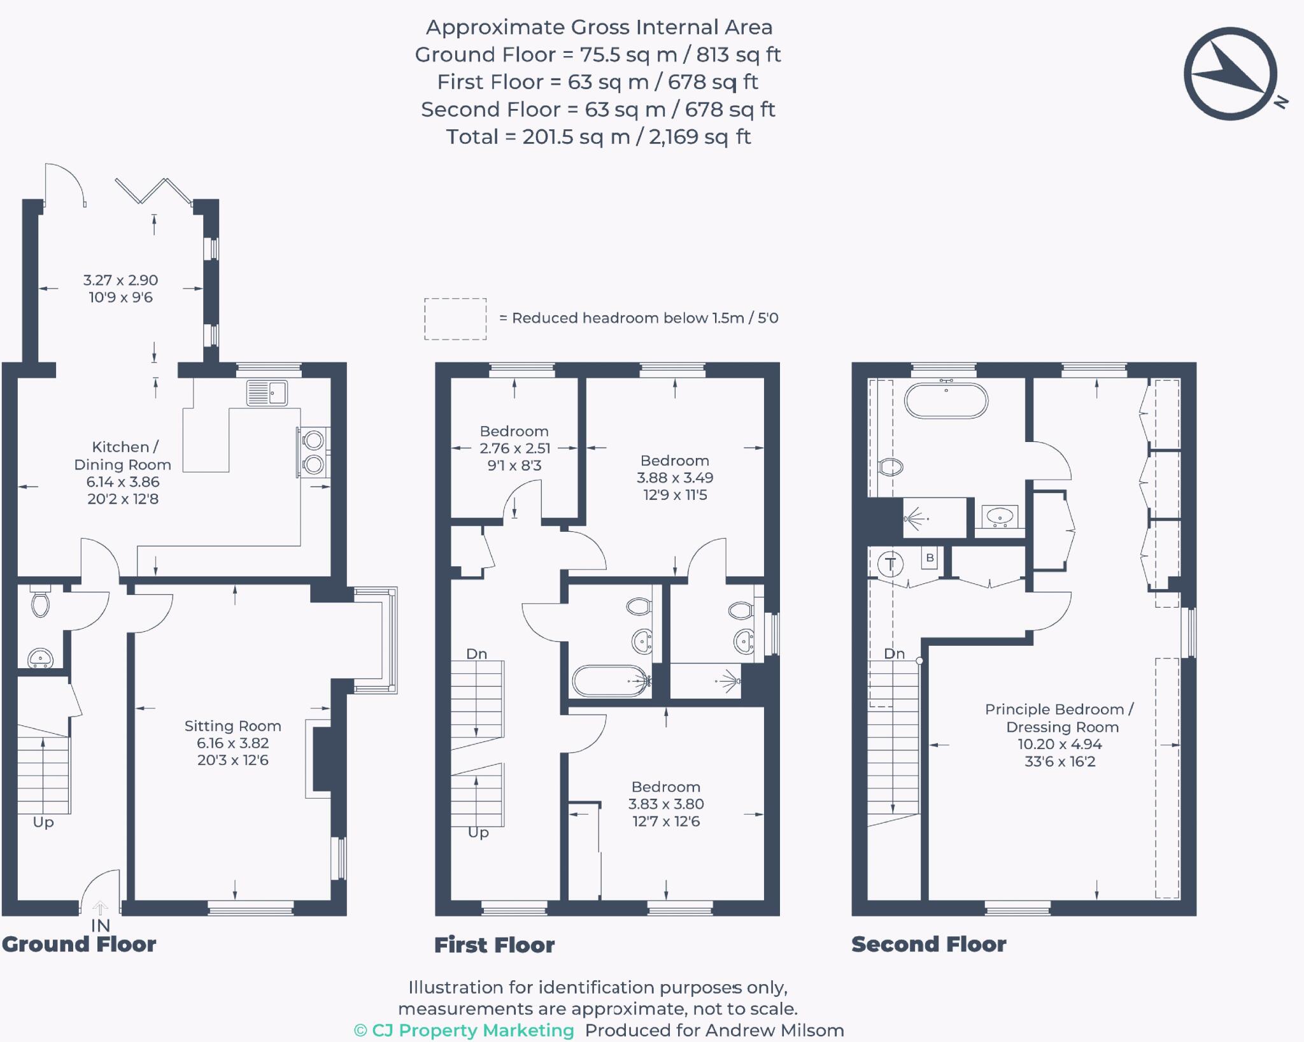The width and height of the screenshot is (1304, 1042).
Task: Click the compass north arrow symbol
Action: [1230, 73]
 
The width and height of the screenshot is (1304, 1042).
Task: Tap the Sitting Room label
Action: [232, 726]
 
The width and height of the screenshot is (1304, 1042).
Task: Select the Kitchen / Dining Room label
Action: [122, 456]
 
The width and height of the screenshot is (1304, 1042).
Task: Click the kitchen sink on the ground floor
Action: [267, 393]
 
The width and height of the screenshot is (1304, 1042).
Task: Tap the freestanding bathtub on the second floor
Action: [946, 401]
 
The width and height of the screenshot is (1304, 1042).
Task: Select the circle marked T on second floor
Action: [890, 564]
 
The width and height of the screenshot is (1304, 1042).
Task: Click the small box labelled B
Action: [930, 558]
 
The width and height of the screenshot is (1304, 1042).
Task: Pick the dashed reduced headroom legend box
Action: [455, 318]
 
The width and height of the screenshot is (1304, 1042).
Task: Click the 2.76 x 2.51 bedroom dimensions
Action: [514, 448]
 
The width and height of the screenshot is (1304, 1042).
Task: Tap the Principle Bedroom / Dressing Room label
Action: [1059, 718]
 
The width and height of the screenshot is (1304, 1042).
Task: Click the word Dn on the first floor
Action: [476, 654]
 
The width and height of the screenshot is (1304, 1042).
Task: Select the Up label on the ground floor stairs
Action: [43, 822]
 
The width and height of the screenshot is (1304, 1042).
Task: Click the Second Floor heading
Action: [928, 945]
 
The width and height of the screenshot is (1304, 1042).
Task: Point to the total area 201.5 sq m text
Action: [598, 137]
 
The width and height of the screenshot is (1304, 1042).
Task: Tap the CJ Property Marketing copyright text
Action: [464, 1031]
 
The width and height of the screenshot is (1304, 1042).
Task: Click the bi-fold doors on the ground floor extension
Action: [153, 190]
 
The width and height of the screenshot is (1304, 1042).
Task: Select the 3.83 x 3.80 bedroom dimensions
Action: [666, 804]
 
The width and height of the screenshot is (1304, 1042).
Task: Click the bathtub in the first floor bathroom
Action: [610, 681]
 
